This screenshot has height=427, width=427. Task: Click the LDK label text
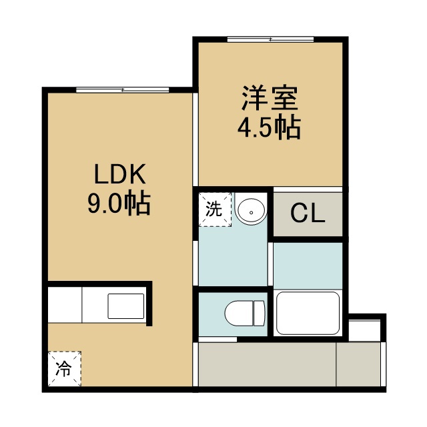pyautogui.click(x=119, y=173)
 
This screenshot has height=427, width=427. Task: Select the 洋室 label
pyautogui.click(x=270, y=98)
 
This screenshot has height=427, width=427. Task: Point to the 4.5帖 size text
pyautogui.click(x=269, y=128)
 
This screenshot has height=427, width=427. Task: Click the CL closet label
pyautogui.click(x=308, y=213)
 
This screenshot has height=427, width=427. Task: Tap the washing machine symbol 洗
pyautogui.click(x=215, y=209)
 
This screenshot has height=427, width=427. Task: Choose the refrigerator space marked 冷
pyautogui.click(x=65, y=368)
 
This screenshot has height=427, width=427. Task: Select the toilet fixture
pyautogui.click(x=245, y=314)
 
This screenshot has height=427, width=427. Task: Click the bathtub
pyautogui.click(x=308, y=313)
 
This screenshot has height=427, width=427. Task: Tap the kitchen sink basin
pyautogui.click(x=126, y=306)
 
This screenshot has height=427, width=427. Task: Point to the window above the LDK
pyautogui.click(x=123, y=90)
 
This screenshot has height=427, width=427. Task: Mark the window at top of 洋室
pyautogui.click(x=270, y=39)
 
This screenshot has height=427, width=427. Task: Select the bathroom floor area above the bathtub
pyautogui.click(x=308, y=266)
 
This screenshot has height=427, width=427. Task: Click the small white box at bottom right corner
pyautogui.click(x=364, y=331)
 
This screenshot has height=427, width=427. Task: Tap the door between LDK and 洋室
pyautogui.click(x=195, y=139)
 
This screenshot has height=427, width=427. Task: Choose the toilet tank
pyautogui.click(x=259, y=314)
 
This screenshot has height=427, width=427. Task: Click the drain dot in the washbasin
pyautogui.click(x=251, y=212)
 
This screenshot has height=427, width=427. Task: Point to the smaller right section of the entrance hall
pyautogui.click(x=358, y=364)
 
